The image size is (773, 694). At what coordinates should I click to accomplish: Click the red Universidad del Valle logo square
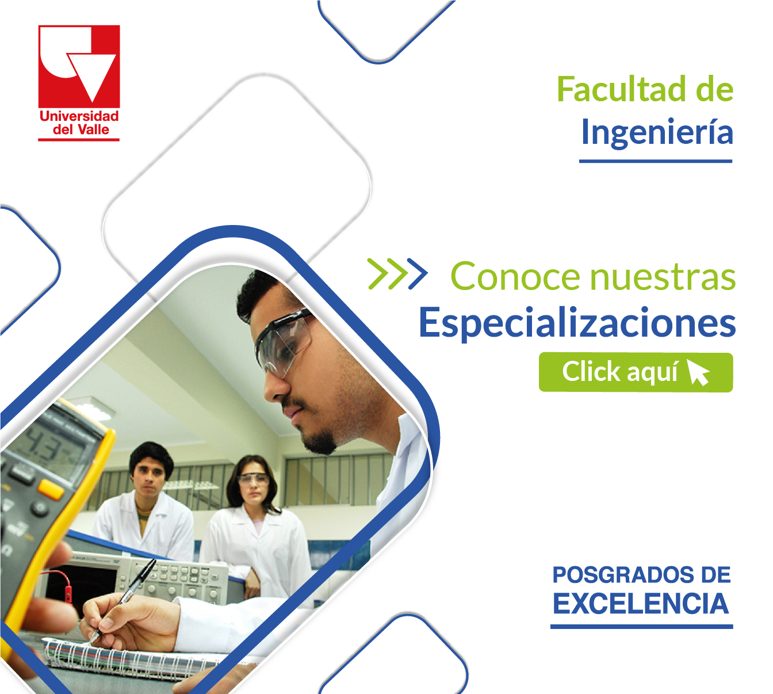(x=79, y=66)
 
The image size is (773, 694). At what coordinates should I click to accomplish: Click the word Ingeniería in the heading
(x=657, y=133)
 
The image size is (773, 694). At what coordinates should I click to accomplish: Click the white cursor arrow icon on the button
(x=698, y=372)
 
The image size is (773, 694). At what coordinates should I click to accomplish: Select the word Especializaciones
(x=577, y=323)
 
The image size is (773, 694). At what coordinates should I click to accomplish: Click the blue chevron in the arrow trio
(x=418, y=274)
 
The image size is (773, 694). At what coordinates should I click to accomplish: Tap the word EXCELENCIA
(x=641, y=604)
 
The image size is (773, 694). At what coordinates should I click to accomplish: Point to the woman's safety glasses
(x=253, y=479)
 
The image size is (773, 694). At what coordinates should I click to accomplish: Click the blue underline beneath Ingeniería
(x=656, y=162)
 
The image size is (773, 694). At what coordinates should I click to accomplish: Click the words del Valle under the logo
(x=81, y=130)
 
